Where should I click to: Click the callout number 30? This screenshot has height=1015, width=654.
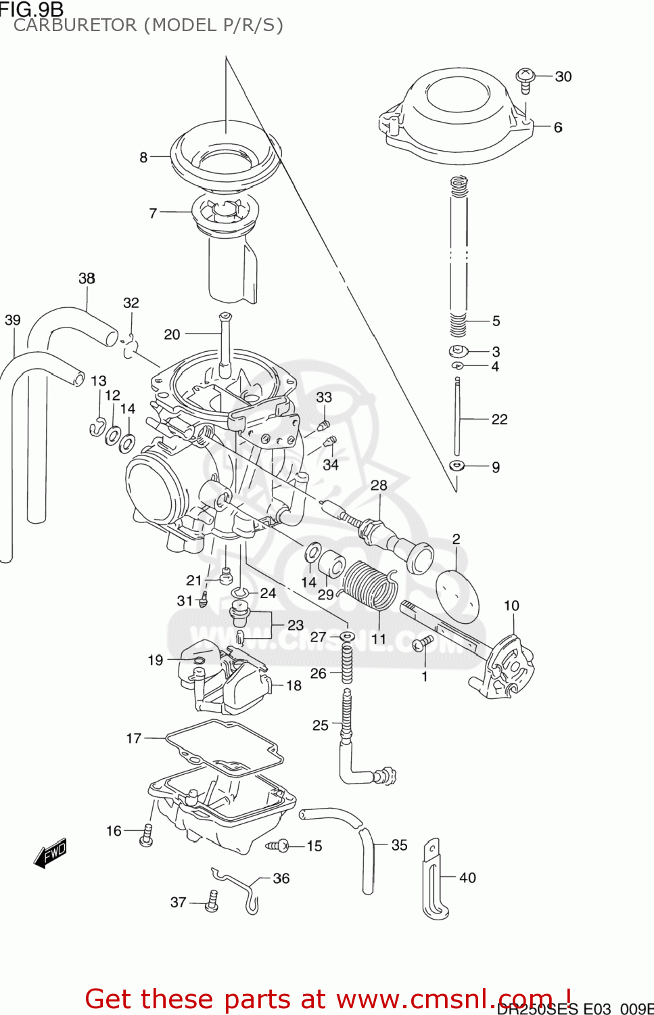pos(563,76)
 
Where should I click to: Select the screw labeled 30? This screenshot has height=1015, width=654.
pos(525,78)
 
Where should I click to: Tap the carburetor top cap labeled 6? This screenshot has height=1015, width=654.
pos(453,118)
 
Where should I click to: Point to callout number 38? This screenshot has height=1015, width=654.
pos(87,278)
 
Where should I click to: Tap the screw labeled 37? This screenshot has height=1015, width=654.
pos(212,901)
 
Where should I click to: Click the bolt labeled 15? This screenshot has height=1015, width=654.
pos(278,845)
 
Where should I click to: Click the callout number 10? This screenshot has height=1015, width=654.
pos(511,606)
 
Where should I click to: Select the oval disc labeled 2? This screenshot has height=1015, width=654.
pos(457,596)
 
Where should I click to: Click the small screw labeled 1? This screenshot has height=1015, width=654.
pos(423,643)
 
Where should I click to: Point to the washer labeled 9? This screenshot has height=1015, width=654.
pos(457,466)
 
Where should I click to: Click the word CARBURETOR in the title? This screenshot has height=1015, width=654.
pos(74,26)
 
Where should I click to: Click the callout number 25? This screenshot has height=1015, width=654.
pos(320,725)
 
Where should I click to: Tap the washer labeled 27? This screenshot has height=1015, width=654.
pos(347,637)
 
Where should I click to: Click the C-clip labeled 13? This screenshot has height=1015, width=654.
pos(97,428)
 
